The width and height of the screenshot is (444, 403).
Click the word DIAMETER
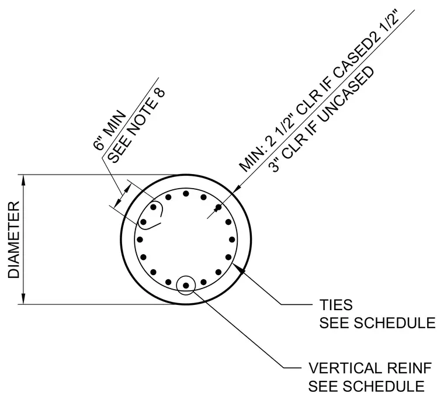click(x=13, y=239)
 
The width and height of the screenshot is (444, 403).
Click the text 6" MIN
click(x=109, y=130)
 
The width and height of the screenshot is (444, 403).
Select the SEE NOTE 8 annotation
click(x=137, y=127)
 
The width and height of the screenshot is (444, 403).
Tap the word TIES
click(x=336, y=305)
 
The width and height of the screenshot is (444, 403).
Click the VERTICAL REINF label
click(x=370, y=368)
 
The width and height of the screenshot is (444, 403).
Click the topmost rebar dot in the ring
click(x=186, y=193)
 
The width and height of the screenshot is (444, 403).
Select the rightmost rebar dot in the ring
click(x=232, y=239)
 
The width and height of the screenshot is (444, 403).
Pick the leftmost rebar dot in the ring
click(x=140, y=239)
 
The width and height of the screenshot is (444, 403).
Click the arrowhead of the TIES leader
click(x=241, y=269)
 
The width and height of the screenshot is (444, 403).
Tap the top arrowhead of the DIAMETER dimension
click(x=24, y=180)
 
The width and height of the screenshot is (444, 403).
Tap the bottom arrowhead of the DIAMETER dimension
click(x=24, y=298)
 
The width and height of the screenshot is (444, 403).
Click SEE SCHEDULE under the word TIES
click(x=377, y=323)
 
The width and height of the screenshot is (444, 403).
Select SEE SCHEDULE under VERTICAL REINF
click(x=366, y=386)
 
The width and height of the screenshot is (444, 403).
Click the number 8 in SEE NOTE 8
click(x=160, y=94)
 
